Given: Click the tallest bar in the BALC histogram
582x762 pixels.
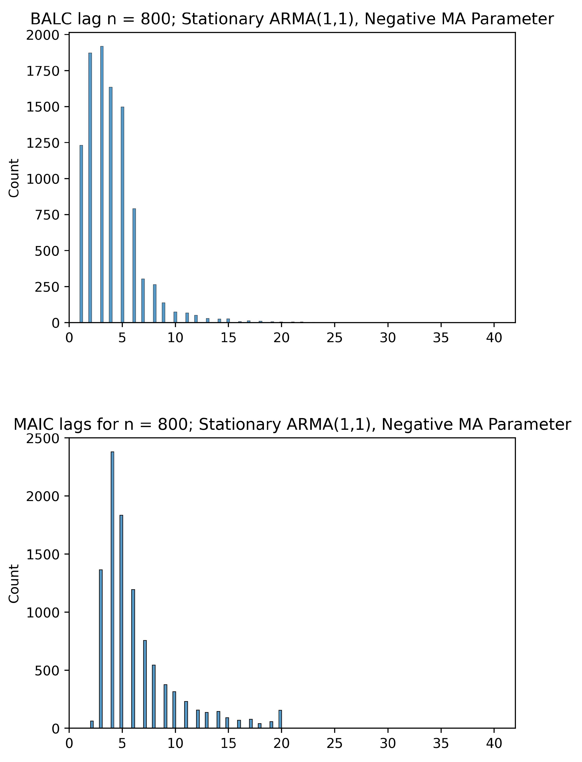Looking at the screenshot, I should pos(102,184).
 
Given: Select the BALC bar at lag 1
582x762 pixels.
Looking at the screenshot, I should pos(81,234).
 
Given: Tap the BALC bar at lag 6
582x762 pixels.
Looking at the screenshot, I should pos(134,265).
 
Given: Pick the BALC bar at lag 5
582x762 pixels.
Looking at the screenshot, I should pos(122,215).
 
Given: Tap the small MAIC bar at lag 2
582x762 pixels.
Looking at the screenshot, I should pos(92,724).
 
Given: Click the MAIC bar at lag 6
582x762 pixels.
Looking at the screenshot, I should pos(133,659).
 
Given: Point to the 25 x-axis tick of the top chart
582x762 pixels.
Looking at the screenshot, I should pos(334,337).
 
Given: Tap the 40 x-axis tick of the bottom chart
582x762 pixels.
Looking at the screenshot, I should pos(494,743).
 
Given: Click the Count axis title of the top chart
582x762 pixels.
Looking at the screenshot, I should pos(14,178).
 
